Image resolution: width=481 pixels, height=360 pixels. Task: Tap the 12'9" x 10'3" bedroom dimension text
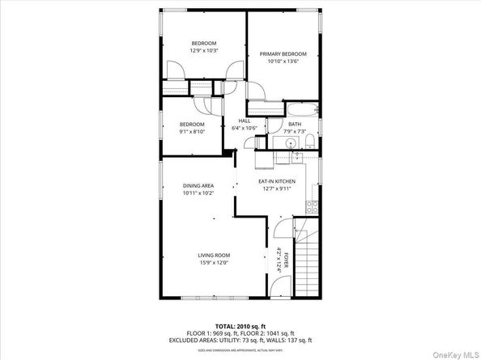pyautogui.click(x=204, y=50)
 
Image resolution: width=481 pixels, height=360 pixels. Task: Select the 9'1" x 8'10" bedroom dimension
pyautogui.click(x=192, y=131)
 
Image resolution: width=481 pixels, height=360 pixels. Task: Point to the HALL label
pyautogui.click(x=244, y=121)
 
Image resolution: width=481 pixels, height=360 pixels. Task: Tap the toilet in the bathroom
pyautogui.click(x=309, y=142)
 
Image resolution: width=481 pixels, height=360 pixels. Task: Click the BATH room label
pyautogui.click(x=294, y=124)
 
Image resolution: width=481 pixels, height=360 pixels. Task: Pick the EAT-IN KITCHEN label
pyautogui.click(x=277, y=181)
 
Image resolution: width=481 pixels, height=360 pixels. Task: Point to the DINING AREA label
pyautogui.click(x=198, y=186)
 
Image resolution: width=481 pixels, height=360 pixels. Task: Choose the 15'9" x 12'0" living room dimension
pyautogui.click(x=214, y=262)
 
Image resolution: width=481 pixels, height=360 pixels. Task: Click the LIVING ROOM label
pyautogui.click(x=214, y=255)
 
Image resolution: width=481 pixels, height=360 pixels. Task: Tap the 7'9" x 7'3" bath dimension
pyautogui.click(x=294, y=131)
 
